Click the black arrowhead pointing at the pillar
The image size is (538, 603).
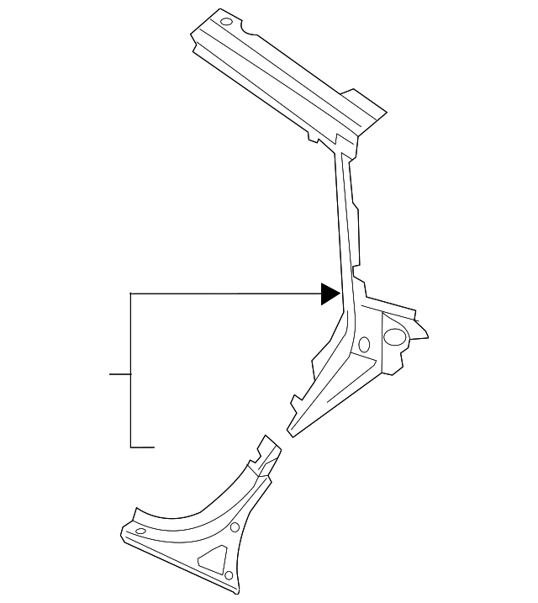[x=330, y=293]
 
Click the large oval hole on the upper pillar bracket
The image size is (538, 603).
[x=393, y=336]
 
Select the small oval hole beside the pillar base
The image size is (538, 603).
[x=364, y=343]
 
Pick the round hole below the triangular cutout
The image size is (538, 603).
[x=227, y=575]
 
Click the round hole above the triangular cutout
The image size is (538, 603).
[x=235, y=528]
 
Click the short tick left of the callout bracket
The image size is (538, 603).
[x=120, y=373]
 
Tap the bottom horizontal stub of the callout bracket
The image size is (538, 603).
[x=143, y=447]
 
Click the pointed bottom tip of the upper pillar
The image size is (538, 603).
[x=290, y=434]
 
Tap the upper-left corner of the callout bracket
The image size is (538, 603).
[x=132, y=294]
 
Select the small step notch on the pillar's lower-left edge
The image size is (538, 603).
[x=293, y=399]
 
